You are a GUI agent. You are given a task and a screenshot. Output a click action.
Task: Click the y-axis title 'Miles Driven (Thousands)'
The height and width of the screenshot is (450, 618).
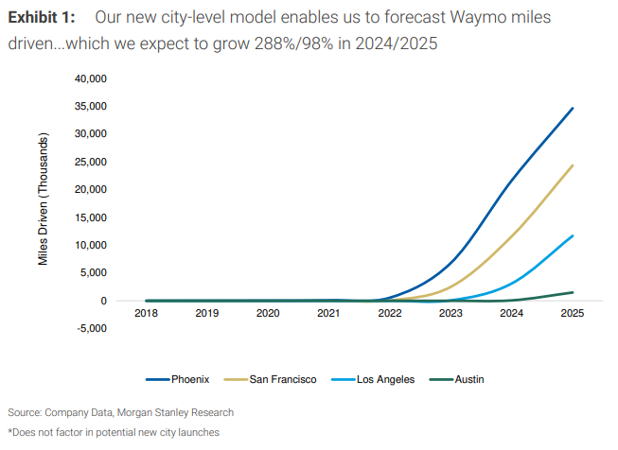[44, 198]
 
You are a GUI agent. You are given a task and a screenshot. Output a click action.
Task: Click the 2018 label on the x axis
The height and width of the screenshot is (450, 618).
[147, 313]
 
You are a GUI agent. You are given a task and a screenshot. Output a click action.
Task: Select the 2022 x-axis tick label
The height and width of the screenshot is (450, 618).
[390, 313]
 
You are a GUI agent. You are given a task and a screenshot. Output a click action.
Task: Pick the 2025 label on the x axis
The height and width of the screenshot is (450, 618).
[573, 313]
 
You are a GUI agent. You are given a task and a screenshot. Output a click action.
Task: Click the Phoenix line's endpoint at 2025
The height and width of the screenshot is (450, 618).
[573, 109]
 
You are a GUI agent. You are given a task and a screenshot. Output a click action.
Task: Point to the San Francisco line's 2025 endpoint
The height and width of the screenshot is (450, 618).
[573, 165]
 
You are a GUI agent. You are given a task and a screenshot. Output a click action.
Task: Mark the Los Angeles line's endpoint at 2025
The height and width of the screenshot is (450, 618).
[573, 235]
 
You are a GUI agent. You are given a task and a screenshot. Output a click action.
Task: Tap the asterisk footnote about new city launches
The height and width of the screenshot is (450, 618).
[114, 432]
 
